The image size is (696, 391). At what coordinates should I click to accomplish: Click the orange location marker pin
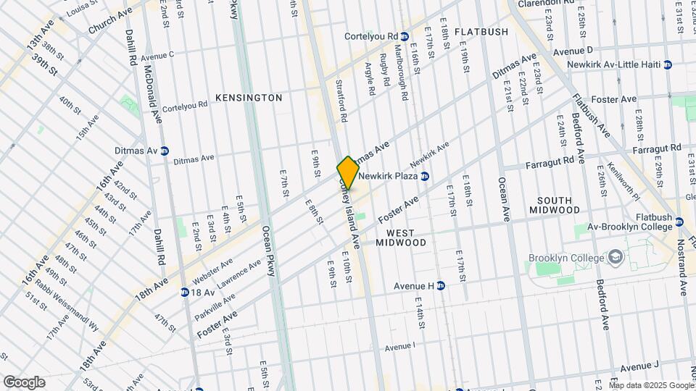[348, 173]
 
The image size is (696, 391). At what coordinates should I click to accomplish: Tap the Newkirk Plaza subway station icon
[426, 176]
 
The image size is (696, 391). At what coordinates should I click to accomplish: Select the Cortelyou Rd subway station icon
[405, 36]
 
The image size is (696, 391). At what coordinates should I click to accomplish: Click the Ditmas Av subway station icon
[165, 151]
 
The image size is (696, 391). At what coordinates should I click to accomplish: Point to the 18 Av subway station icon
[186, 293]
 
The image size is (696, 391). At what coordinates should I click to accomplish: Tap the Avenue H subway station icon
[440, 285]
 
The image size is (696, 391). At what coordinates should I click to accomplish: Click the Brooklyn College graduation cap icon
[616, 258]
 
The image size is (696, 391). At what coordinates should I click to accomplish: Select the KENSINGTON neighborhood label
[249, 97]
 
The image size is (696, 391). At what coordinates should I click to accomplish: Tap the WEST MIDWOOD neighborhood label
[401, 237]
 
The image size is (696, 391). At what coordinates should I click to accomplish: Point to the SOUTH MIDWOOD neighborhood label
[559, 205]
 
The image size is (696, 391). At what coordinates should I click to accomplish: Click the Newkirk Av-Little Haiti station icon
[667, 64]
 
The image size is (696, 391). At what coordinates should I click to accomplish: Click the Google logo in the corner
[23, 382]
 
